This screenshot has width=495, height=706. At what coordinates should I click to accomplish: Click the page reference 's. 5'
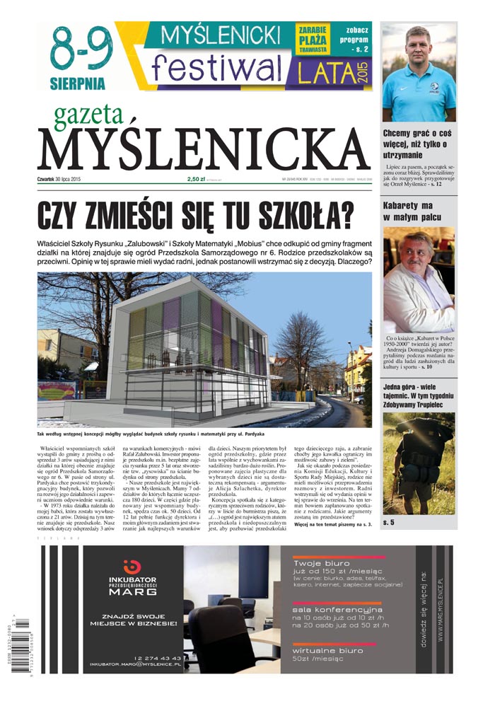coord(388,522)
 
